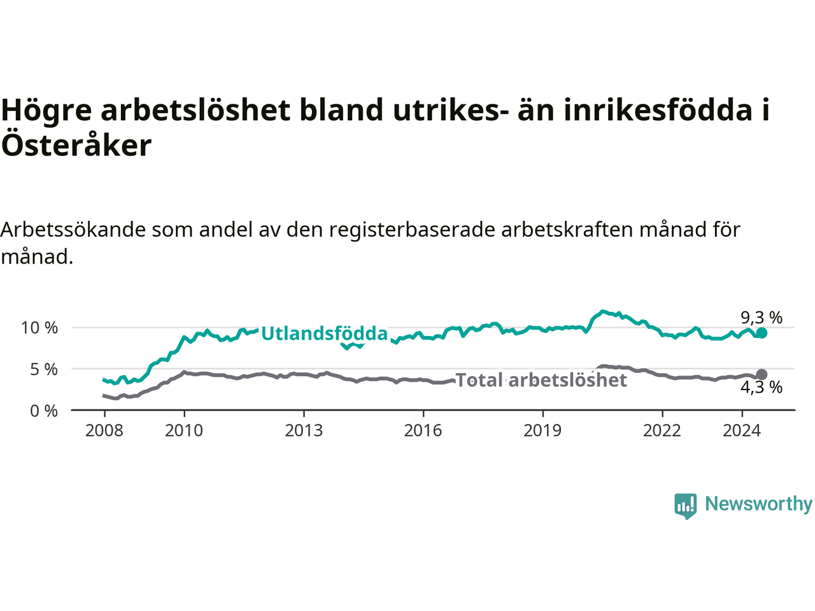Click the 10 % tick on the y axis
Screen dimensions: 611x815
point(39,328)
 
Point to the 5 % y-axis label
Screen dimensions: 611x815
point(43,369)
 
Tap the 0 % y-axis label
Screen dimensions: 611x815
point(43,411)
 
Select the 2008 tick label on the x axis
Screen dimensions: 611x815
point(104,431)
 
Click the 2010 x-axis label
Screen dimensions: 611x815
point(184,431)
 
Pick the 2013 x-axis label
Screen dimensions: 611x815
point(304,431)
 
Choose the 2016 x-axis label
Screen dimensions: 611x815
point(423,431)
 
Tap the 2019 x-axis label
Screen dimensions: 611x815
point(542,431)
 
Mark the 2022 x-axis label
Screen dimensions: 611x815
point(662,431)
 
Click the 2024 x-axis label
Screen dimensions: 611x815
point(742,431)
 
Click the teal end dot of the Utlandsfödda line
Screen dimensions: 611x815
point(762,333)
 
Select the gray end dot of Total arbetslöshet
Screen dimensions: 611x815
point(762,374)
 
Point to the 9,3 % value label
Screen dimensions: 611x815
point(762,317)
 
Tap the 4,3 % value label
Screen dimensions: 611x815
point(762,387)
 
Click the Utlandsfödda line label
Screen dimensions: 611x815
point(324,334)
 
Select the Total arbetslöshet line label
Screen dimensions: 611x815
point(541,380)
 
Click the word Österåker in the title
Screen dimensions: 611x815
point(76,145)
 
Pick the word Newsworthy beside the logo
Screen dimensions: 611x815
point(758,504)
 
